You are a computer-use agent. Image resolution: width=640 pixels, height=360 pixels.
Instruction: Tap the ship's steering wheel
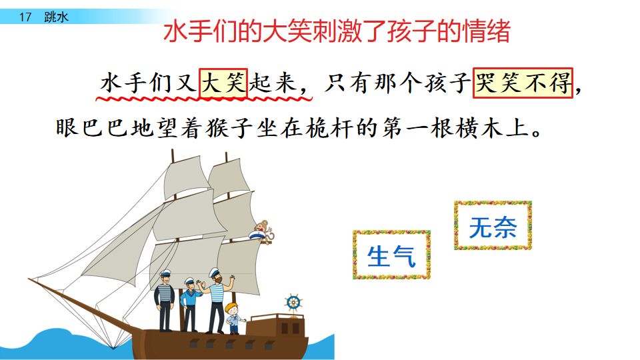point(293,303)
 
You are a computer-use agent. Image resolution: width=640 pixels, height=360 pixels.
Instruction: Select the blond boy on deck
point(233,317)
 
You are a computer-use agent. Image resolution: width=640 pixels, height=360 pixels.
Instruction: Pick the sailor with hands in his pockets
point(164,303)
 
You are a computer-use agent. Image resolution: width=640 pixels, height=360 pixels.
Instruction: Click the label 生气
point(391,255)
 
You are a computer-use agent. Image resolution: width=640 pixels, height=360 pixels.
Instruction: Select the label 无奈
point(493,227)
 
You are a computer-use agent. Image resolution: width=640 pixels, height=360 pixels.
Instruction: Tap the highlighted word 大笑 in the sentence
point(224,85)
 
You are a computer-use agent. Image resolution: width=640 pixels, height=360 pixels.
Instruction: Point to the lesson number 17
point(25,17)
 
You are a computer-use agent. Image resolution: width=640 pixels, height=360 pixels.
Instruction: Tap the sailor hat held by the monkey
point(256,234)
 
